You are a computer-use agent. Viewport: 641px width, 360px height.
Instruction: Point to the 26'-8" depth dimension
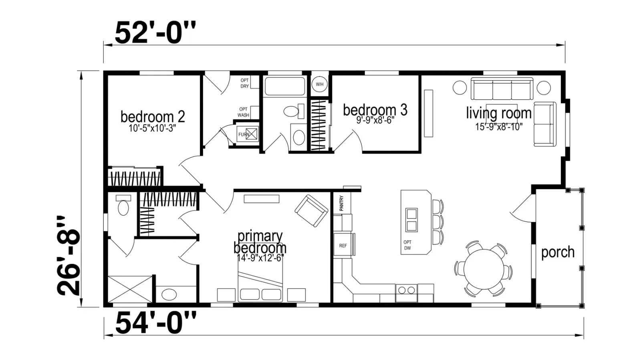click(69, 256)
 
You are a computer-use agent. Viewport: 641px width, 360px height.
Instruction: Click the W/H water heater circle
click(319, 84)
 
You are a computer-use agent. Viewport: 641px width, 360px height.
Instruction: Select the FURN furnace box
click(248, 134)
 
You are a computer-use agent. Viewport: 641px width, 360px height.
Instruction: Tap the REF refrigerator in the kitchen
click(343, 246)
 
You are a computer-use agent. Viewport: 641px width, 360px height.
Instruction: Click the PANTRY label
click(341, 203)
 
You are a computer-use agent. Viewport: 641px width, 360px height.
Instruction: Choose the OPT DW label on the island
click(407, 245)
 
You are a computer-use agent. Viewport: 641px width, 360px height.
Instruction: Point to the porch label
click(558, 252)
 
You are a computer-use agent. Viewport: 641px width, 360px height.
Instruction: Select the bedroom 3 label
click(375, 110)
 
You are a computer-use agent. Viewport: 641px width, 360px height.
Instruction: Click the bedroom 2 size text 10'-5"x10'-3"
click(152, 128)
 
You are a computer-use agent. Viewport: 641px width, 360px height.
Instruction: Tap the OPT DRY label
click(245, 83)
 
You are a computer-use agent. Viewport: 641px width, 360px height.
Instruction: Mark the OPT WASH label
click(243, 112)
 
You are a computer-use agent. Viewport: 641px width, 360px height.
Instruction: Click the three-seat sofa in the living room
click(502, 88)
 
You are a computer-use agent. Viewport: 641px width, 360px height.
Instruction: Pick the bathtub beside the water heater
click(285, 86)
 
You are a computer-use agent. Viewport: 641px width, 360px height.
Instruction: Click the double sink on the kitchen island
click(411, 220)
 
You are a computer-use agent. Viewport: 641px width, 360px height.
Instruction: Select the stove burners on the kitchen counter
click(407, 290)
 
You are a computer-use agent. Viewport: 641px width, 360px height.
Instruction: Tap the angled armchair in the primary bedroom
click(311, 211)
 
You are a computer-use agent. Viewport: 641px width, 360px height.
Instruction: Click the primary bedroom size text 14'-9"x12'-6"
click(260, 258)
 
